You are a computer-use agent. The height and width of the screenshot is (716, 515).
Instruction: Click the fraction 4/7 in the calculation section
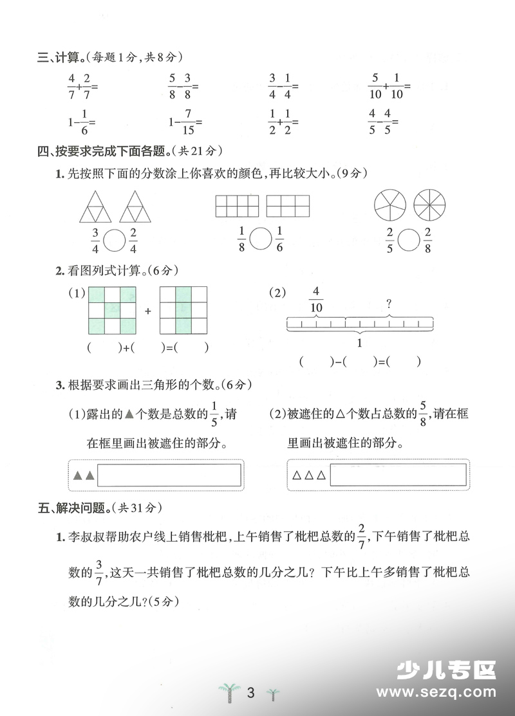coord(71,86)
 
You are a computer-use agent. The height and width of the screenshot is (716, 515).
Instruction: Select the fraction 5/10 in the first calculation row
coord(375,86)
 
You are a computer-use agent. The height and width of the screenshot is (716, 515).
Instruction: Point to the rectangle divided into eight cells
coord(237,206)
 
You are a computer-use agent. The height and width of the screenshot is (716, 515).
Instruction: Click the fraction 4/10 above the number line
coord(316,300)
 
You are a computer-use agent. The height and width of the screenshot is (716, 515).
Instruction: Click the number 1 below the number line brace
coord(359,343)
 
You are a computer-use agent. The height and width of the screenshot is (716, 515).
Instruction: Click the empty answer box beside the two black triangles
coord(170,475)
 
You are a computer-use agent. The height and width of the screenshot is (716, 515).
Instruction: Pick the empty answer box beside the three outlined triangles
coord(397,475)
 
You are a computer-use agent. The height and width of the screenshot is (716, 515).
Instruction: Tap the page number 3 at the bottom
coord(251,693)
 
